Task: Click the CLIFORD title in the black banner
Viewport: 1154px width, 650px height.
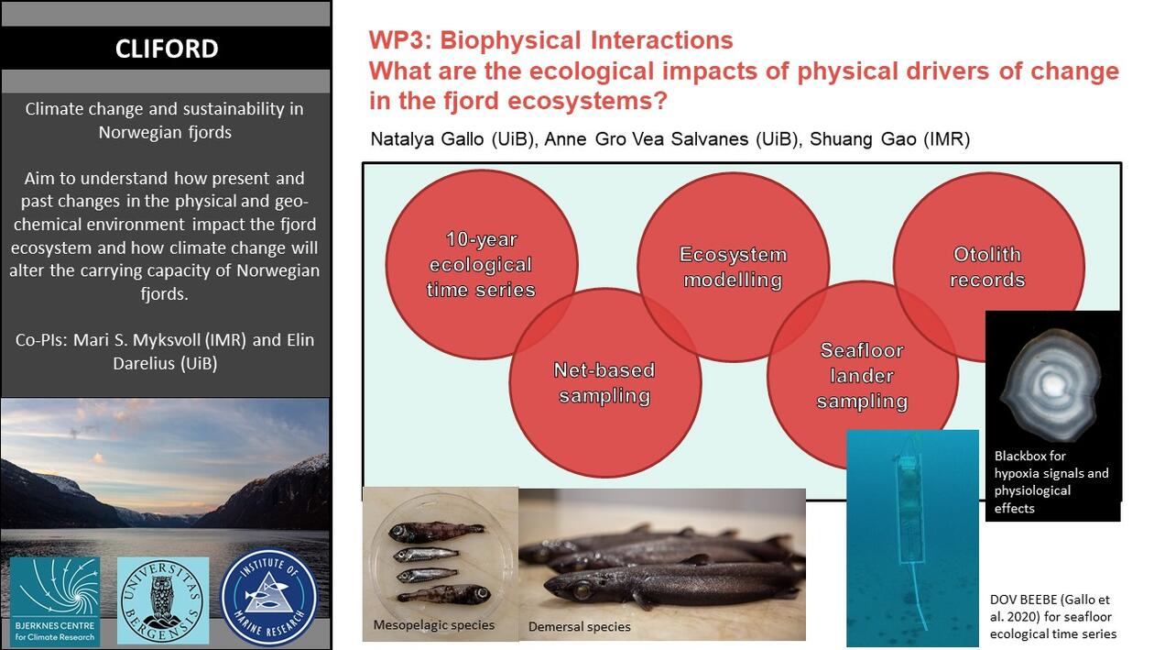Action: click(x=167, y=49)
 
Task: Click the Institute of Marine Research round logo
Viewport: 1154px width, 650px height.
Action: click(x=269, y=599)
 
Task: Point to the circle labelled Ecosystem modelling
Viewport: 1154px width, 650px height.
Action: click(x=733, y=267)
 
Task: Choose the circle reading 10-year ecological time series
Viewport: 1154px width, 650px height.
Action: click(x=482, y=265)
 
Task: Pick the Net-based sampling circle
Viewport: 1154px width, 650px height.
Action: click(x=604, y=383)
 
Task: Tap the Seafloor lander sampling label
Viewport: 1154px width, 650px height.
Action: click(x=862, y=376)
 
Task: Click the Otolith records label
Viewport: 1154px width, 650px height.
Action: click(x=987, y=267)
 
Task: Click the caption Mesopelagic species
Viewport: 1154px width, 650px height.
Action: click(x=434, y=625)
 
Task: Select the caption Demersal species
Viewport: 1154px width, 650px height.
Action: click(x=579, y=627)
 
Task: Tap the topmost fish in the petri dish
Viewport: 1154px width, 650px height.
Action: click(x=436, y=531)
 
